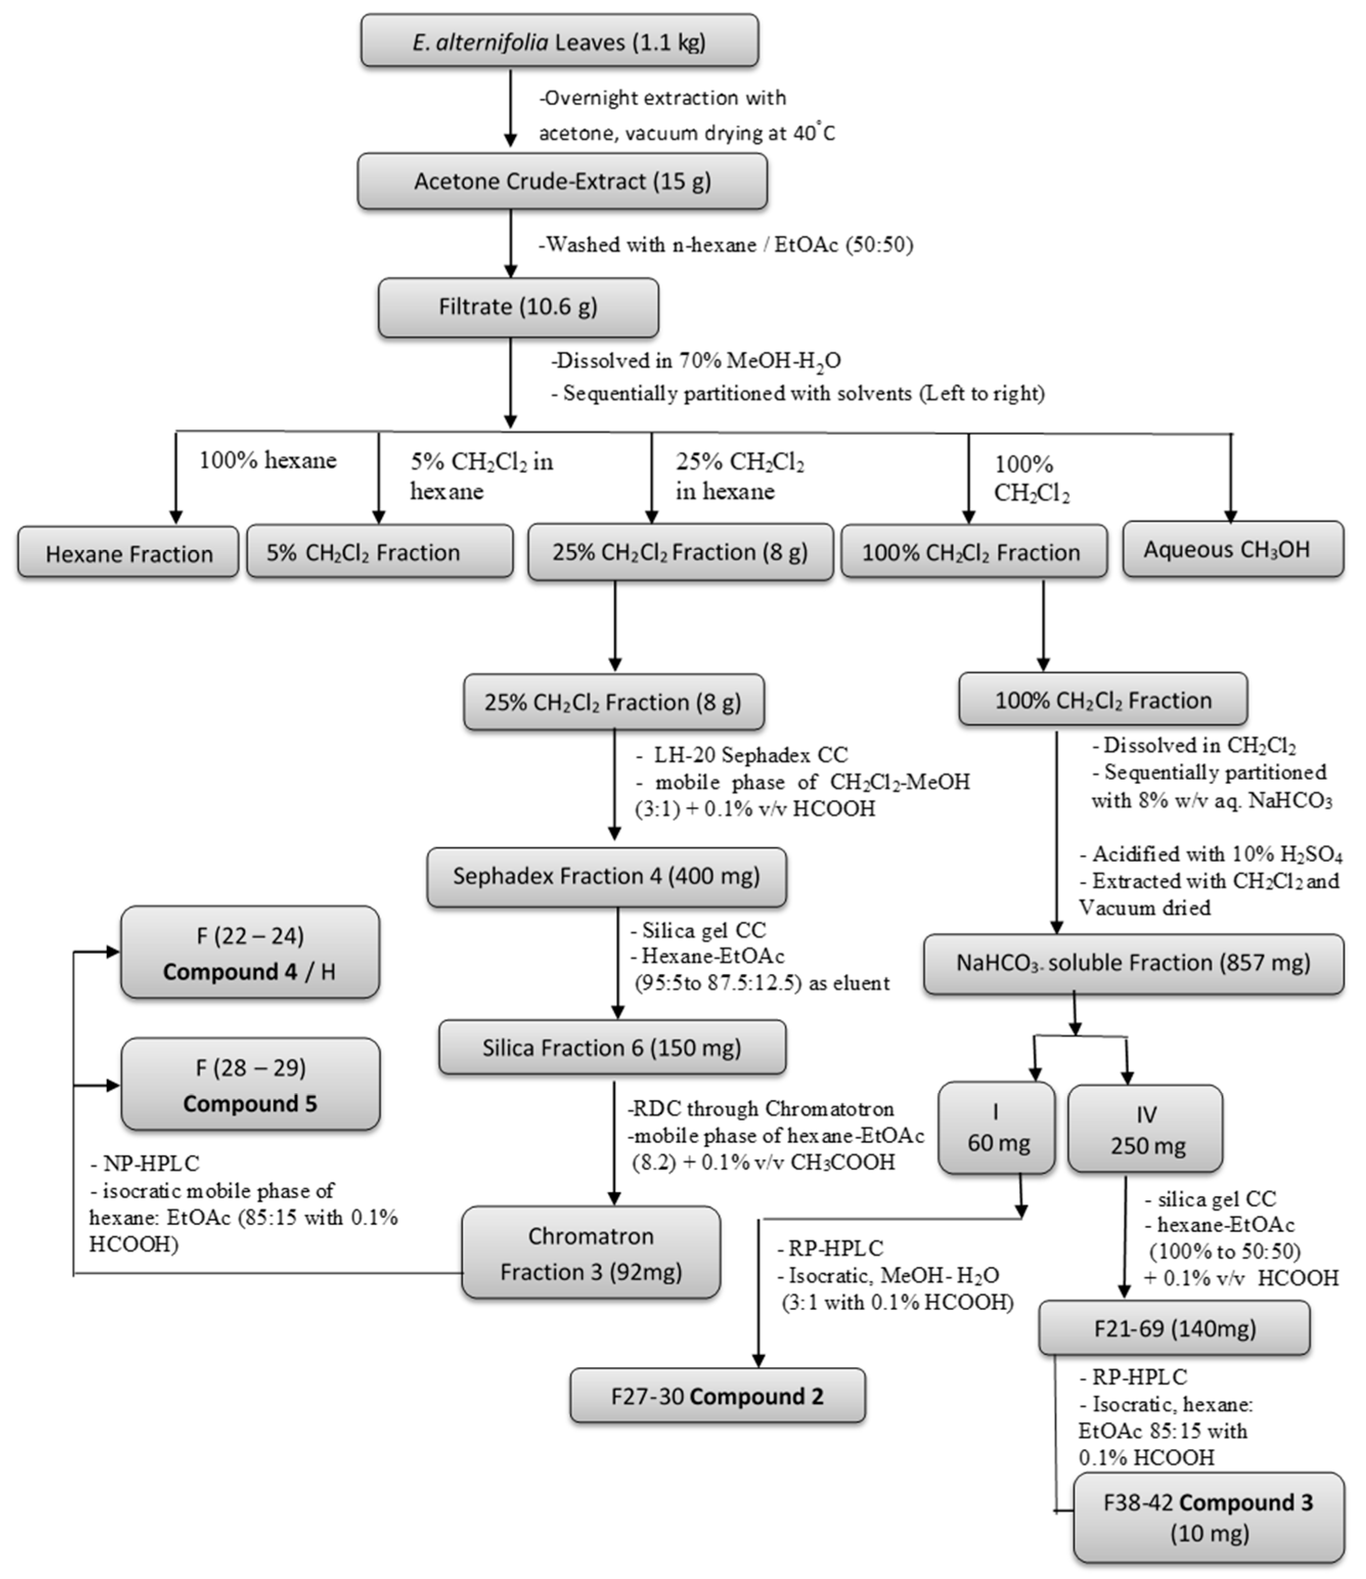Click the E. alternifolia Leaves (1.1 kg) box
(559, 41)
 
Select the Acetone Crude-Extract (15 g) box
(562, 182)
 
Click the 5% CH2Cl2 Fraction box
(379, 552)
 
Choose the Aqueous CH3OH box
(1232, 550)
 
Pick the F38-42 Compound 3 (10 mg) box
(1208, 1517)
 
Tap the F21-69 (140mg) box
(1174, 1328)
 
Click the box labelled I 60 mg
(996, 1128)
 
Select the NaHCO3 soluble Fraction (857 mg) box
(1133, 963)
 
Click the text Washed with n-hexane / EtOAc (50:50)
(726, 245)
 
